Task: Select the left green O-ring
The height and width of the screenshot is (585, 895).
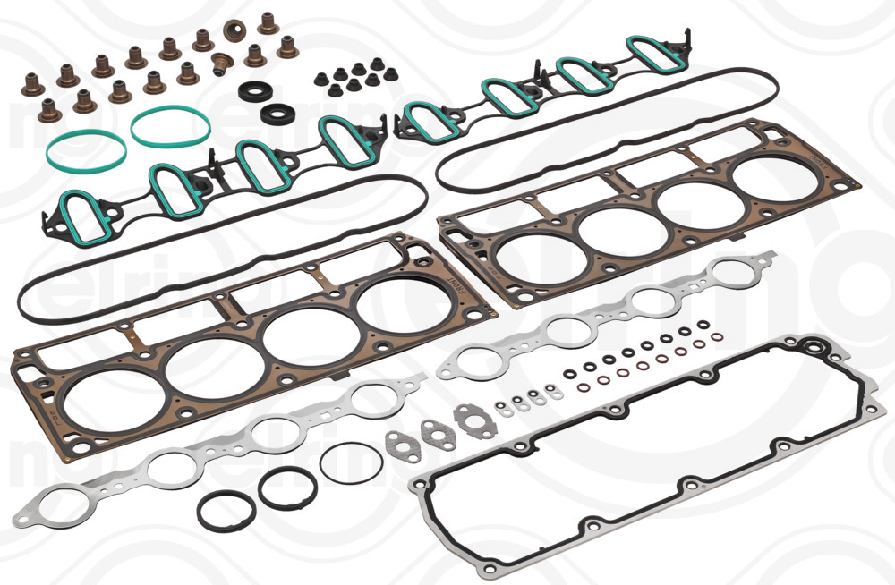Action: [x=86, y=148]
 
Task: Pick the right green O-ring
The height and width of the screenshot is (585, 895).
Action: [x=170, y=125]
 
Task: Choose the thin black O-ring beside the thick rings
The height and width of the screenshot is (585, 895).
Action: [x=351, y=462]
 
